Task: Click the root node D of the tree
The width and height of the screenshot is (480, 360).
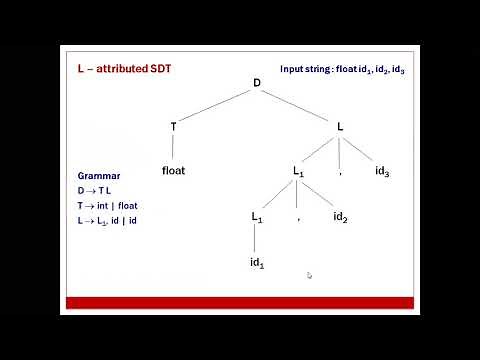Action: (256, 83)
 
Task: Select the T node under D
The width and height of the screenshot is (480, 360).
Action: (174, 126)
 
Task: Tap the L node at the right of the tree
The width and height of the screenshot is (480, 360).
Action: (340, 126)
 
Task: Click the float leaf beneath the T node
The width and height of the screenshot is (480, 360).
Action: (173, 170)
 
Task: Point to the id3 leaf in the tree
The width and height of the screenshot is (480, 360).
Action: (382, 172)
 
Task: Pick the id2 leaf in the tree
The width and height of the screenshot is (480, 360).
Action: (340, 217)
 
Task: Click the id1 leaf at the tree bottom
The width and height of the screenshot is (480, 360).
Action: (257, 263)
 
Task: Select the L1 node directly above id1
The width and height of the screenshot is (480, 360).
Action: (257, 217)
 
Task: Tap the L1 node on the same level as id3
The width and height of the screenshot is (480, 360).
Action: (298, 172)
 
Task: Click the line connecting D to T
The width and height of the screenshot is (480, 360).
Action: (215, 105)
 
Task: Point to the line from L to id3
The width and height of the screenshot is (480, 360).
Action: (362, 149)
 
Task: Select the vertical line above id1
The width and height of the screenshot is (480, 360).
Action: (256, 240)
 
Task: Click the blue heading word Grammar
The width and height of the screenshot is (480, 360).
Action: (97, 175)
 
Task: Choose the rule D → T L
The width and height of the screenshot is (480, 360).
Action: (96, 190)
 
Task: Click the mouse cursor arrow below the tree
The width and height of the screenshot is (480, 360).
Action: (310, 276)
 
